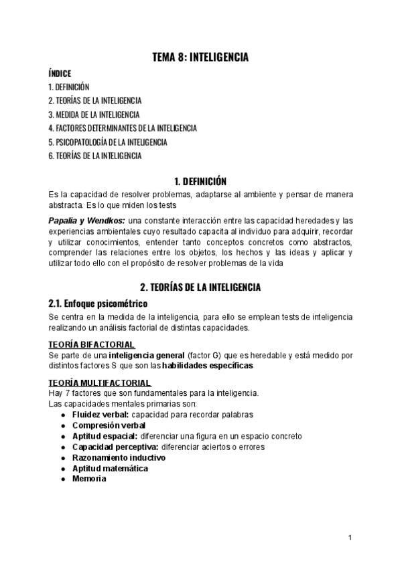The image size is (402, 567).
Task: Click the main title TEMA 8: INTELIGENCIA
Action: [x=200, y=58]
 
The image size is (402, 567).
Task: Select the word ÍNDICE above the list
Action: [x=60, y=74]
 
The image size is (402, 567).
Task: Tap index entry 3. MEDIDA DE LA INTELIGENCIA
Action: [x=94, y=114]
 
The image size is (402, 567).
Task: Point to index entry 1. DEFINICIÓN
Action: [x=69, y=87]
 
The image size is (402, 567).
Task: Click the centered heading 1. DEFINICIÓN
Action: [x=200, y=181]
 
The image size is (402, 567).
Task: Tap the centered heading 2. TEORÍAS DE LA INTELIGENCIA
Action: [x=200, y=288]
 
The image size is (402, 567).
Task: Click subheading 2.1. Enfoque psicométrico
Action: [x=98, y=304]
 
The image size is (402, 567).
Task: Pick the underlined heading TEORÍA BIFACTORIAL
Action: [x=92, y=344]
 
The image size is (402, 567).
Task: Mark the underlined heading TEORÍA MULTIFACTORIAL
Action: [x=99, y=383]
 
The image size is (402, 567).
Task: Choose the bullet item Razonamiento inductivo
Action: [x=119, y=457]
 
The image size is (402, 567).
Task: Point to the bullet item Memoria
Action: [x=89, y=479]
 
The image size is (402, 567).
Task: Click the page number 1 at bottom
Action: [x=350, y=538]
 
